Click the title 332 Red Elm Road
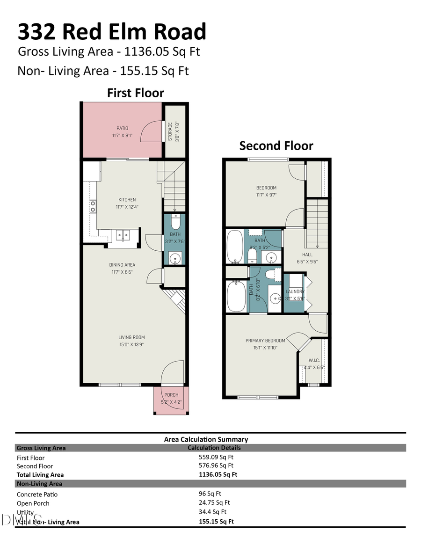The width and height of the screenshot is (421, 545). pos(112,32)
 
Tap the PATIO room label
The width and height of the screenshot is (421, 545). pos(123,128)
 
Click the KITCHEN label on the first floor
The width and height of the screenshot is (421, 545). pos(127,200)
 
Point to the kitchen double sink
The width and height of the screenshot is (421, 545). pos(123,235)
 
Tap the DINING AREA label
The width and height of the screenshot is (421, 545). pos(122,265)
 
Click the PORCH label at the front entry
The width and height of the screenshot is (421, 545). pos(171,395)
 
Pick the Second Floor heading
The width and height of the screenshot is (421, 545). pos(276,145)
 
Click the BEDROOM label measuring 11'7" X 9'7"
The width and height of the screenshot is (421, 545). pos(266,188)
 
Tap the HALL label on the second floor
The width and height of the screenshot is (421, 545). pos(307,255)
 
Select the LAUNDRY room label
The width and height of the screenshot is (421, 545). pos(295,291)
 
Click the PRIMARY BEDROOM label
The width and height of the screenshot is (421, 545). pos(265,341)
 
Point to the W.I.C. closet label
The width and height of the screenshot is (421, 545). pos(314,360)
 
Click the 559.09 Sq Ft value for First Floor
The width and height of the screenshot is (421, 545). pos(216,457)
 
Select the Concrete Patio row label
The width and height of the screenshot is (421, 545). pos(37,494)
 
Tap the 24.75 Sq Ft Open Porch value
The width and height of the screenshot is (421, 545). pos(214,502)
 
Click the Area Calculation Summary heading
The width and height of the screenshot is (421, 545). pos(206,439)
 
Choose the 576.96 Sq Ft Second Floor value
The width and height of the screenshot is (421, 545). pos(216,465)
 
